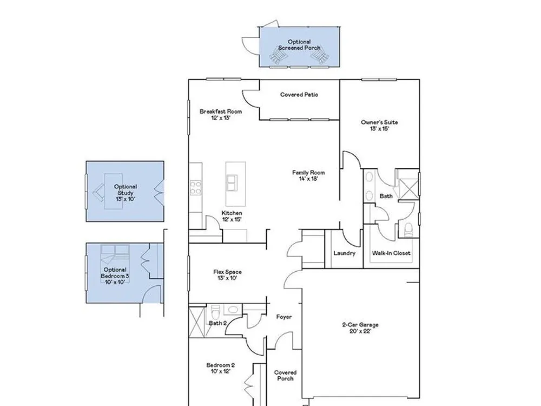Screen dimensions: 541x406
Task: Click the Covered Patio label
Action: tap(299, 95)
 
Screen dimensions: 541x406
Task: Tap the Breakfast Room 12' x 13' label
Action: tap(221, 115)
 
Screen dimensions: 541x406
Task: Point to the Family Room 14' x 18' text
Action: tap(308, 176)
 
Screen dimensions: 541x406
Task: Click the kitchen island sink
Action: tap(232, 182)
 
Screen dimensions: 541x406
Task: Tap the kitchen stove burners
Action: tap(196, 188)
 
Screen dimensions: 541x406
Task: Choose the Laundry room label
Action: tap(344, 253)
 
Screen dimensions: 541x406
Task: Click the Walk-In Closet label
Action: tap(391, 253)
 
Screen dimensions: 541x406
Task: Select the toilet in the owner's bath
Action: tap(408, 230)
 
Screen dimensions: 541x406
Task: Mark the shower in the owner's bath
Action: tap(408, 188)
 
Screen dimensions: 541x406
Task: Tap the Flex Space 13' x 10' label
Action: tap(227, 275)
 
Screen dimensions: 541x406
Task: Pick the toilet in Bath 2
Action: tap(215, 313)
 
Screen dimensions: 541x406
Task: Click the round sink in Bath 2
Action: tap(233, 309)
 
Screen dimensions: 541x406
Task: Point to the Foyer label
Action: tap(284, 317)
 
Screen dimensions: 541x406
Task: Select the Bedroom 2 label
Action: tap(221, 365)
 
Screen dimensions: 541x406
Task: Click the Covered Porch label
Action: tap(285, 376)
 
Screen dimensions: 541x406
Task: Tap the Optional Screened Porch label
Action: tap(300, 45)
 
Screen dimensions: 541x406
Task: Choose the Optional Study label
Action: tap(126, 190)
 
